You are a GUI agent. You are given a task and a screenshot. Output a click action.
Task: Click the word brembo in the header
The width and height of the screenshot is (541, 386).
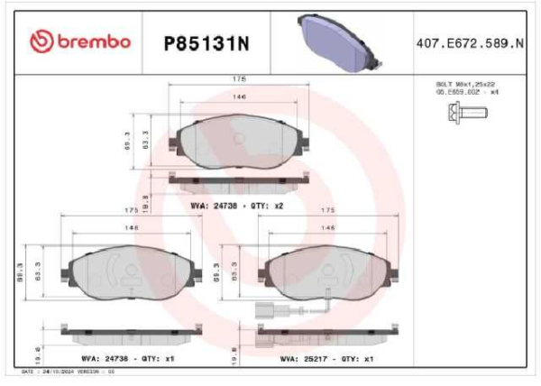coord(96,41)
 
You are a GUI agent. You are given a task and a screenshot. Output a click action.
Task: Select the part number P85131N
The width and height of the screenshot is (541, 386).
coord(205,41)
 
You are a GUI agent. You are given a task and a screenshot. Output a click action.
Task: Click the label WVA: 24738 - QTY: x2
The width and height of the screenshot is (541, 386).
coord(237,206)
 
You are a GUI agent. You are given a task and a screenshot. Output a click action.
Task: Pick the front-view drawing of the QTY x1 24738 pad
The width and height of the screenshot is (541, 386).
coord(131,271)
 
